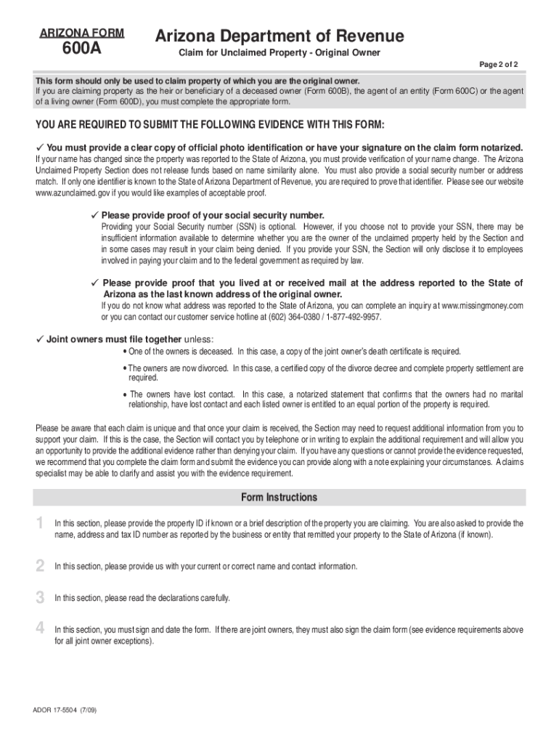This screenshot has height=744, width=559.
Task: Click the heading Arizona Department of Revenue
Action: tap(279, 36)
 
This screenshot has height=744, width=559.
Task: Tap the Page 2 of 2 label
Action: tap(498, 65)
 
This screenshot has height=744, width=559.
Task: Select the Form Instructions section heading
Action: tap(279, 498)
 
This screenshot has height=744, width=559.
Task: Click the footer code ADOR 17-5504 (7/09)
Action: tap(65, 710)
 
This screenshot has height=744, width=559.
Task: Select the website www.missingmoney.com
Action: tap(482, 306)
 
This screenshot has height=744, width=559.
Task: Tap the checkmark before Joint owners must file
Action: tap(40, 339)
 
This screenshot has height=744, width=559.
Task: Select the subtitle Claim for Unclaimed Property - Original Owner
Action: tap(279, 53)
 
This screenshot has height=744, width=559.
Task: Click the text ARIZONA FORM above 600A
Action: tap(81, 33)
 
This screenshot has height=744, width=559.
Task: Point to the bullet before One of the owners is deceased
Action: tap(125, 352)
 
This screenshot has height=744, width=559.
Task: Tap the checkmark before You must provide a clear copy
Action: tap(40, 147)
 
